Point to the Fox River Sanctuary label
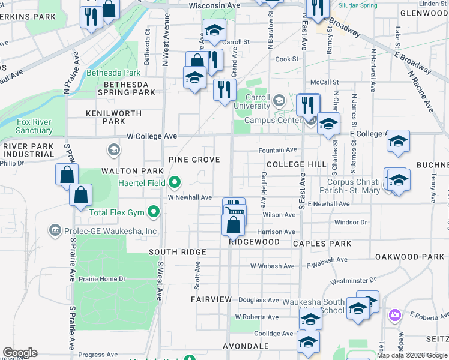[34, 126]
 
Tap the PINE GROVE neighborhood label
[194, 160]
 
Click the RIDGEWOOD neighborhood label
[254, 242]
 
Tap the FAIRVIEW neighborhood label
[211, 299]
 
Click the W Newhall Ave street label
[190, 197]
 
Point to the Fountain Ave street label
[277, 150]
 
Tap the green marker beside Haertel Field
[175, 181]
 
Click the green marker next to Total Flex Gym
[154, 211]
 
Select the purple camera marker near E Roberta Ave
[394, 314]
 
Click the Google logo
[20, 353]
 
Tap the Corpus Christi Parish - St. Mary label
[354, 186]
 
